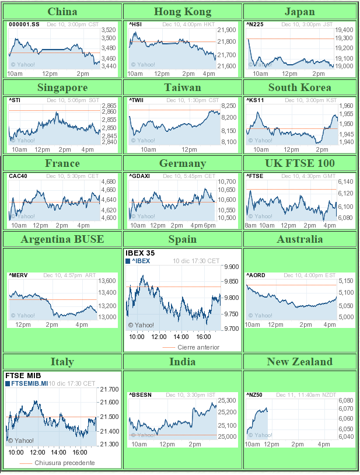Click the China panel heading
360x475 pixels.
(62, 12)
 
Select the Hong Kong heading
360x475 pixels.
(183, 12)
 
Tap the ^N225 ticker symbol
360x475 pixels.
(254, 25)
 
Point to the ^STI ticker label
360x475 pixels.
(15, 100)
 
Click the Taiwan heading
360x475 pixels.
(183, 88)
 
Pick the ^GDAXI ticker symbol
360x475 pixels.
(139, 176)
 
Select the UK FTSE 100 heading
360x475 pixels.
(300, 163)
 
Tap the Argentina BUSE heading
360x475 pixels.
(62, 239)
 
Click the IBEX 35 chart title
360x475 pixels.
(139, 253)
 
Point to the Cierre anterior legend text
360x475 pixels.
(198, 347)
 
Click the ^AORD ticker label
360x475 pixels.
(256, 275)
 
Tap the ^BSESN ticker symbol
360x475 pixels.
(140, 395)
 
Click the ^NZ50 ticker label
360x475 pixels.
(254, 395)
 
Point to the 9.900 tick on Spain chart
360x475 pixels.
(232, 267)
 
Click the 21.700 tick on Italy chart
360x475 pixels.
(109, 389)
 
